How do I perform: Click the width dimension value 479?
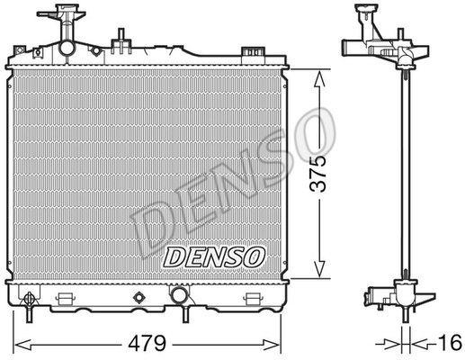click(x=147, y=343)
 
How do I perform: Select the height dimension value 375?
click(x=317, y=174)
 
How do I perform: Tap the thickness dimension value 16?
click(x=451, y=342)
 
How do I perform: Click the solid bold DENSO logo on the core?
click(x=214, y=257)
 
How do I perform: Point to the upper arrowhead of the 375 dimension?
click(x=320, y=78)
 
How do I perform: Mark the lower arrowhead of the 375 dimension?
click(x=320, y=269)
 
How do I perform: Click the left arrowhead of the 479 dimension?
click(x=22, y=344)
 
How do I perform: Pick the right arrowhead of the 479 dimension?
click(x=272, y=344)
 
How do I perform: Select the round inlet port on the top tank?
click(x=67, y=48)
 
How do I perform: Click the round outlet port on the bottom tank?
click(x=179, y=294)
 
